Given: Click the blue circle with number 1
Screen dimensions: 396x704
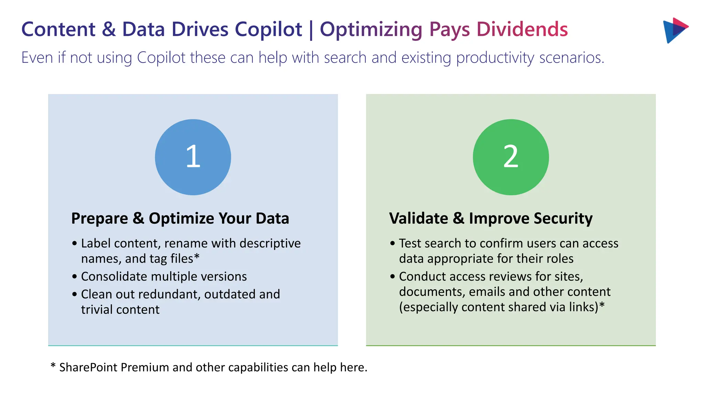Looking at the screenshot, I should pos(193,157).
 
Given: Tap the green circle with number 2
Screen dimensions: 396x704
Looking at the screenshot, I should pos(511,157).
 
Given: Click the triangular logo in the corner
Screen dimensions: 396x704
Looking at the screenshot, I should pos(675,30).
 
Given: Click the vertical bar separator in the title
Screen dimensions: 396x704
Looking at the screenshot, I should pos(311,30).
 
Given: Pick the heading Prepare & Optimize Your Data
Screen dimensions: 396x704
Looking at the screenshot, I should pos(180,219).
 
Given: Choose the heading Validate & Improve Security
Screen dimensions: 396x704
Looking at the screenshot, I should pos(491,219).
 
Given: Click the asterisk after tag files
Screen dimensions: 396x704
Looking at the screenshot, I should pos(197,257).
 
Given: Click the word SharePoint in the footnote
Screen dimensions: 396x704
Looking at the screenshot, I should pos(88,367).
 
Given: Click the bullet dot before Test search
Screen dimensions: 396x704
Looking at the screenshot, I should pos(393,243).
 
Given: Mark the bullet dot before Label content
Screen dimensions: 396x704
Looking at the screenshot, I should pos(75,243).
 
